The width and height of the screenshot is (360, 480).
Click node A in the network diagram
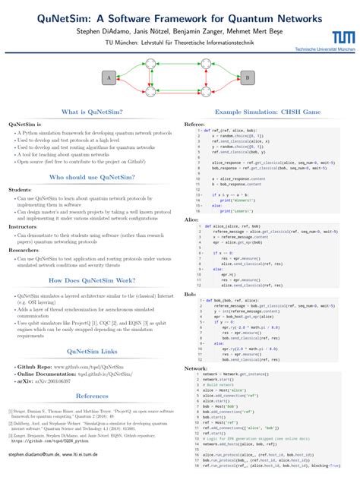coord(109,77)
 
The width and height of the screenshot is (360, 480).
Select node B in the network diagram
coord(247,77)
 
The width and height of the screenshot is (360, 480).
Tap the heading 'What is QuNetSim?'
coord(89,112)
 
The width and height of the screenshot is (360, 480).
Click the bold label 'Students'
coord(20,189)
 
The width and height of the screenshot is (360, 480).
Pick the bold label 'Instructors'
coord(23,226)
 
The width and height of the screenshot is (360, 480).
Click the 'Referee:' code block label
coord(195,123)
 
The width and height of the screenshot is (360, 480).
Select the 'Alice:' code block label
coord(192,219)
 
